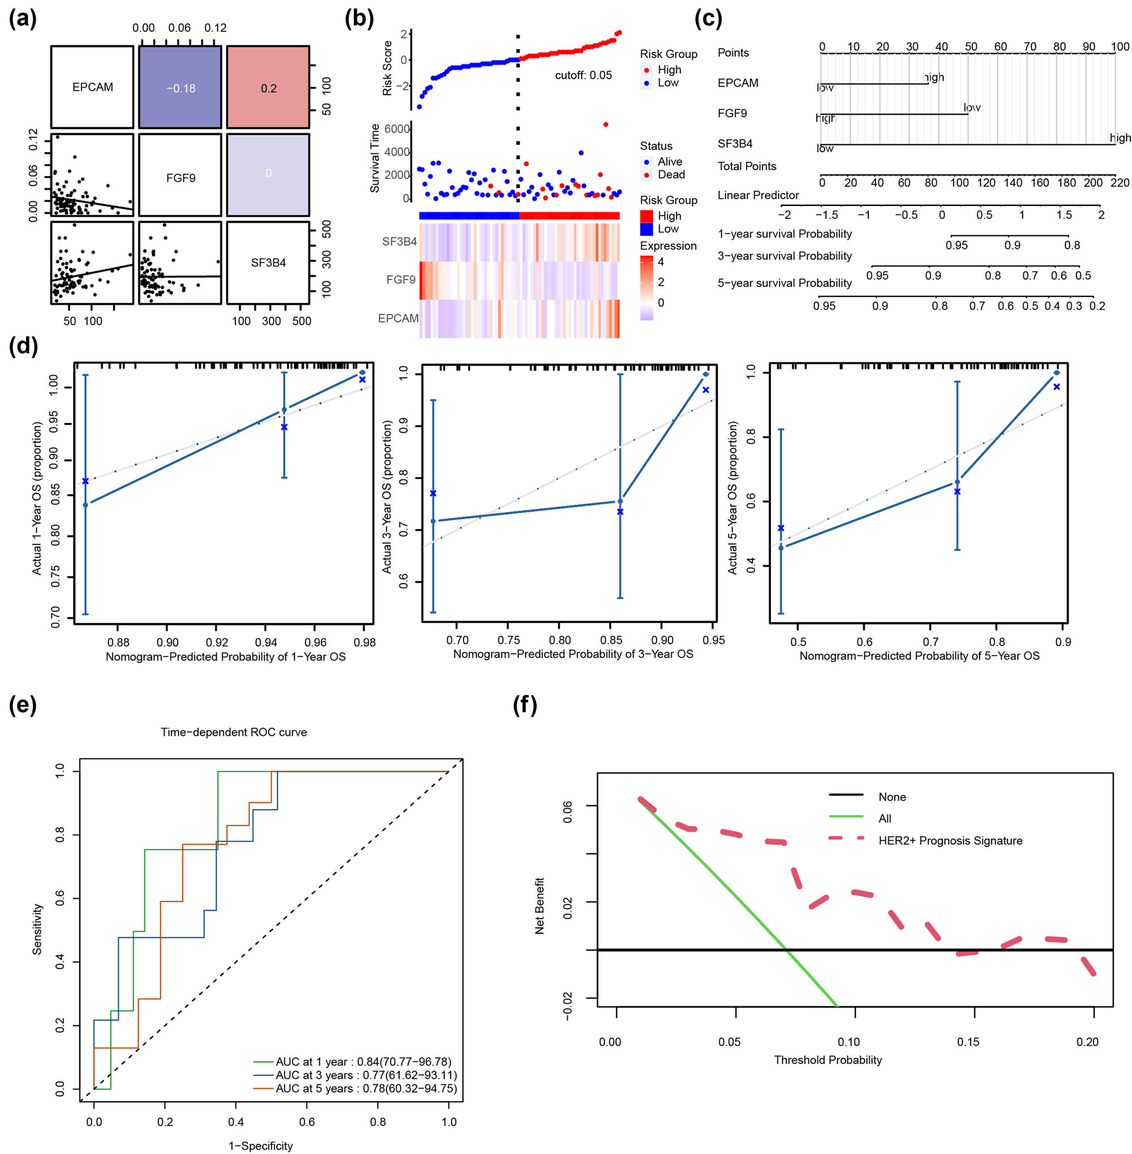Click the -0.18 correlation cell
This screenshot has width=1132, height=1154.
(x=180, y=88)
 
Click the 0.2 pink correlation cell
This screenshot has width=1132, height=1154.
(x=268, y=88)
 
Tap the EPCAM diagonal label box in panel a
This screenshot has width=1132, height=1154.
(x=92, y=87)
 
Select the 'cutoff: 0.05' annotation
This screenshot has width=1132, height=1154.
(x=582, y=75)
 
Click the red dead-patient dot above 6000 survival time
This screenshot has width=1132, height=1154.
(x=605, y=124)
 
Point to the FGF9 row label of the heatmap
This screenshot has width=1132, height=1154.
(x=400, y=279)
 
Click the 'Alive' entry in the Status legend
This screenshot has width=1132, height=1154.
(x=670, y=162)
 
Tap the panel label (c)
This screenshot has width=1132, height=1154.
(x=707, y=19)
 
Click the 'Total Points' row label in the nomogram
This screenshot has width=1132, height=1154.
(x=746, y=166)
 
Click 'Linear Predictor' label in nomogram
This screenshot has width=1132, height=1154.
(x=757, y=195)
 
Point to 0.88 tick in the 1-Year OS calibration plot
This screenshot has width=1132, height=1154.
(x=118, y=643)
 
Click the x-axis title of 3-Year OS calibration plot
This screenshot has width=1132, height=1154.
(x=573, y=654)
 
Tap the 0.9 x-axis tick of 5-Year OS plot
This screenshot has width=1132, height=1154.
(x=1062, y=642)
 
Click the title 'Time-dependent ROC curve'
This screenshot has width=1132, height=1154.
(x=234, y=732)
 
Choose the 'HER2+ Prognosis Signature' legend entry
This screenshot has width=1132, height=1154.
(x=950, y=840)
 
